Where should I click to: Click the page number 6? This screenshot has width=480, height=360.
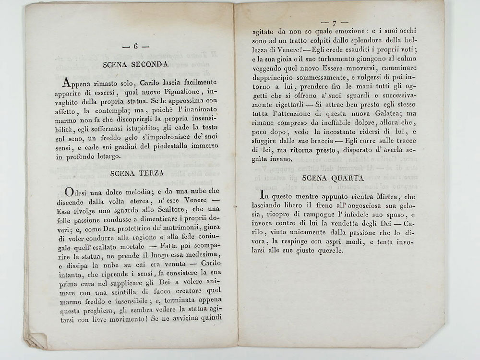(136, 47)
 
